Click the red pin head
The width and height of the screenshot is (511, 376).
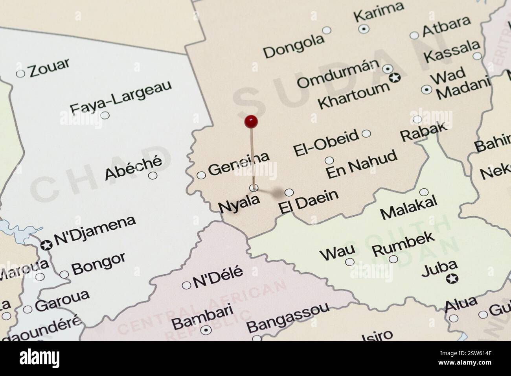click(250, 122)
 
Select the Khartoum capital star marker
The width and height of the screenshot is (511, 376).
click(394, 77)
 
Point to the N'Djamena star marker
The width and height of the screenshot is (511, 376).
click(46, 245)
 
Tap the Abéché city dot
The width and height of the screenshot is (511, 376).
click(153, 175)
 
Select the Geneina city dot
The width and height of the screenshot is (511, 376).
click(201, 175)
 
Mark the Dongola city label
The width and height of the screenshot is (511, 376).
click(294, 46)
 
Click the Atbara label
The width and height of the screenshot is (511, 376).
click(446, 26)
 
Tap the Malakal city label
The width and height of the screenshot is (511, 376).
click(409, 208)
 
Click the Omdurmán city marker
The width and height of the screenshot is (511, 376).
click(388, 69)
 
